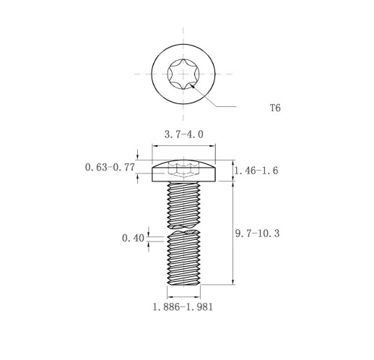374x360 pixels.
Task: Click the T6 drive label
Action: coord(275,108)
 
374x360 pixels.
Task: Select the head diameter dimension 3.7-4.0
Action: coord(184,134)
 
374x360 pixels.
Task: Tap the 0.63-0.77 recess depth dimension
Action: coord(110,167)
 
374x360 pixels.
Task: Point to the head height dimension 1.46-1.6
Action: coord(256,171)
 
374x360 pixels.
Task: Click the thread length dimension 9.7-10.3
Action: coord(257,233)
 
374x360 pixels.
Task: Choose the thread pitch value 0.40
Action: coord(133,238)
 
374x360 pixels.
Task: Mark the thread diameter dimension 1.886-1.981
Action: coord(183,307)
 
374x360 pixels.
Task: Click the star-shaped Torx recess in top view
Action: coord(183,74)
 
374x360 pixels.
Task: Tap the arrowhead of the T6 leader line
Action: coord(192,86)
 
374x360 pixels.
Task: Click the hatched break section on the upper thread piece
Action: coord(178,227)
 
